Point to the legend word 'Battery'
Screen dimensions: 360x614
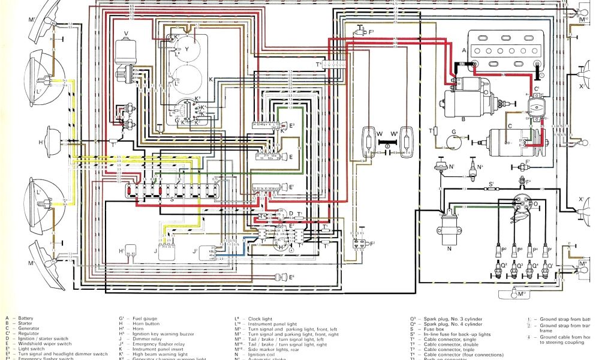(27, 318)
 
